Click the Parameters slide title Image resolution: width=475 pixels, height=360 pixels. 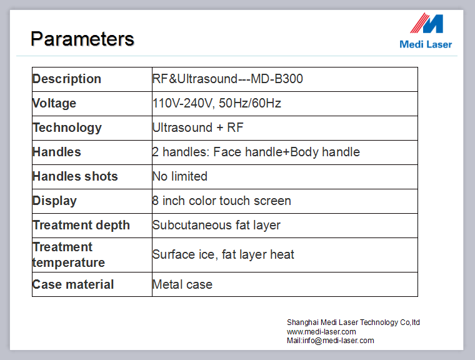pos(82,39)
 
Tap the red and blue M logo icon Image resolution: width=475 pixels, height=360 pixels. pos(426,23)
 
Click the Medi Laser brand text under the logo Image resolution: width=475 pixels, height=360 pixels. pos(426,44)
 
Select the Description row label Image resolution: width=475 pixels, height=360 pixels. pos(67,79)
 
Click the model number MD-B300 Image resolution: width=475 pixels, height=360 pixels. pos(277,79)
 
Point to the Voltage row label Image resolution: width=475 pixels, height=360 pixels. pos(54,103)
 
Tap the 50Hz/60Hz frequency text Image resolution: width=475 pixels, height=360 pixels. pos(250,103)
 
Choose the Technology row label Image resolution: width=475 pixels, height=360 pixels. pos(67,128)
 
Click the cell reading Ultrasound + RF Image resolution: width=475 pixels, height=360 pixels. pos(198,127)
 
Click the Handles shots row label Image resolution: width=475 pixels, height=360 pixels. pos(75,176)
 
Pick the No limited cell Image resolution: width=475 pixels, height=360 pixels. pos(180,176)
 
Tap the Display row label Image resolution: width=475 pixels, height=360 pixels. pos(54,201)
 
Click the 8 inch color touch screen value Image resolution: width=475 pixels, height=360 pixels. pos(222,201)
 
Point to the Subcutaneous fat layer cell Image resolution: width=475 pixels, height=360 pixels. pos(216,226)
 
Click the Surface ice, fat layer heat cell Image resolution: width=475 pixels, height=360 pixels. pos(223,254)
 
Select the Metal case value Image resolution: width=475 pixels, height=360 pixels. pos(182,284)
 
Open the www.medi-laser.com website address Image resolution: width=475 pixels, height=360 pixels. pos(321,331)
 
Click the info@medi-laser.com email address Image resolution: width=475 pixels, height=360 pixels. pos(338,341)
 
